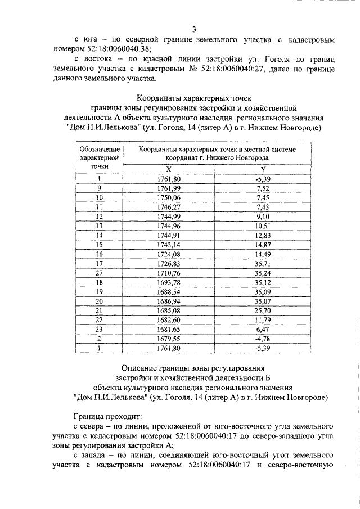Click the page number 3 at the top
pyautogui.click(x=193, y=29)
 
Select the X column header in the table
pyautogui.click(x=169, y=170)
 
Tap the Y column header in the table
pyautogui.click(x=263, y=170)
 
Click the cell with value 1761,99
pyautogui.click(x=169, y=188)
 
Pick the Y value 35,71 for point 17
pyautogui.click(x=263, y=263)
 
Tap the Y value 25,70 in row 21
pyautogui.click(x=263, y=310)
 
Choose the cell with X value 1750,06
pyautogui.click(x=169, y=197)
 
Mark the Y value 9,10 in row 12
pyautogui.click(x=263, y=216)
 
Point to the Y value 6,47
pyautogui.click(x=263, y=328)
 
